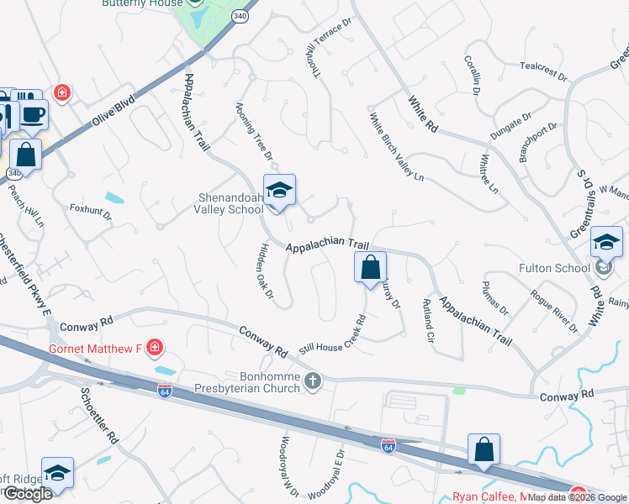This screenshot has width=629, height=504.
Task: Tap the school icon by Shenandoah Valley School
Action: (279, 190)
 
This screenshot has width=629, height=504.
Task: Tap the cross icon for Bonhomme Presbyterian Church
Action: (313, 382)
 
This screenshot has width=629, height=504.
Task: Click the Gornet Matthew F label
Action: (96, 348)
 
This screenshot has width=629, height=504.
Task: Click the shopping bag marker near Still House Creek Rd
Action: (370, 269)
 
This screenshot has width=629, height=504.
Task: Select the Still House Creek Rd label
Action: (334, 335)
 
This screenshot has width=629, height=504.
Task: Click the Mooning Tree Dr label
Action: (255, 131)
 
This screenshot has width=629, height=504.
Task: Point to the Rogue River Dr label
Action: (553, 312)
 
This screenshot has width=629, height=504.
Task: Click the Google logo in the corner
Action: (27, 494)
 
